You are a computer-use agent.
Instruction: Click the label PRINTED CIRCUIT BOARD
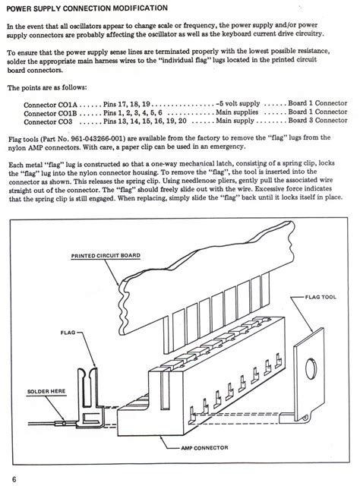tap(106, 256)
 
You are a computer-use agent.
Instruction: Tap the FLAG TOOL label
tap(321, 297)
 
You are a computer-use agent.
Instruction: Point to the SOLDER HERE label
tap(46, 391)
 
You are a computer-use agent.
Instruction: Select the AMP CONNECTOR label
tap(204, 447)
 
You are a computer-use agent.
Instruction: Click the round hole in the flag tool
tap(311, 368)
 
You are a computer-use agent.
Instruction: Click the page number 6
tap(14, 479)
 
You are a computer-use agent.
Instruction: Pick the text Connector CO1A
tap(51, 105)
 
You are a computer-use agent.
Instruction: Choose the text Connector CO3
tap(48, 121)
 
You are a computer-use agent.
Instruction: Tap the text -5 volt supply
tap(238, 103)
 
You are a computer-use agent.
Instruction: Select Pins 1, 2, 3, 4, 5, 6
tap(133, 113)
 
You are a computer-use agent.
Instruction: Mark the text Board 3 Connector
tap(317, 120)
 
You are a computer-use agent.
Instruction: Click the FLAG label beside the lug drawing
tap(68, 333)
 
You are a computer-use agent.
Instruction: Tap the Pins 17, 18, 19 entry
tap(127, 105)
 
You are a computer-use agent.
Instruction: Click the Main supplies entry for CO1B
tap(237, 112)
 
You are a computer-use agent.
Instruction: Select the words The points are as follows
tap(47, 87)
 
